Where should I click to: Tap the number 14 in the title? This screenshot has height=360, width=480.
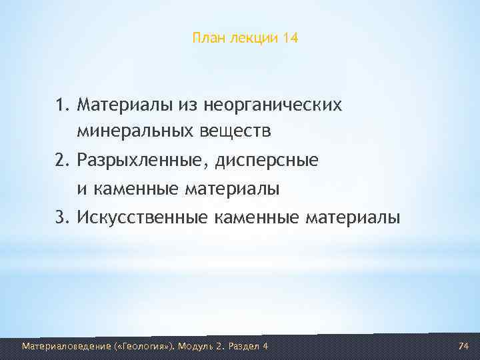[x=290, y=39]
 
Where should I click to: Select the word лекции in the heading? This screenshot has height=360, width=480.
[x=253, y=39]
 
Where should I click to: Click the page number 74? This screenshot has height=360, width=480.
[x=464, y=346]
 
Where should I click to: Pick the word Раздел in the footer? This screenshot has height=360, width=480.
[x=243, y=346]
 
